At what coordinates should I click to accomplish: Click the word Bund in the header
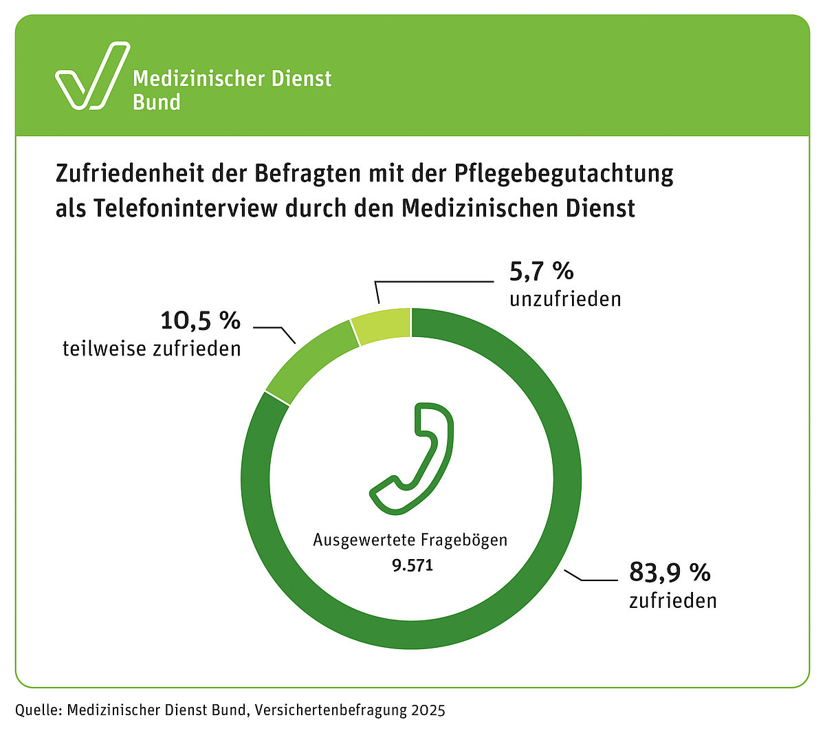click(157, 102)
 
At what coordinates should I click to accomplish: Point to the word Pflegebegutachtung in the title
click(563, 173)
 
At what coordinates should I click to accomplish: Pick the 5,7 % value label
click(541, 272)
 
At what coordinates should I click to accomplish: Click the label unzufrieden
click(564, 299)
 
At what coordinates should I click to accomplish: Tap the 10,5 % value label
click(200, 320)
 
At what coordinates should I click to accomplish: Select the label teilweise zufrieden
click(152, 349)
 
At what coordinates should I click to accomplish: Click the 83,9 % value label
click(670, 572)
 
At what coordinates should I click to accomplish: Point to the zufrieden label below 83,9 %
click(672, 600)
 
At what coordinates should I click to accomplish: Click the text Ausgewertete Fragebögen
click(410, 540)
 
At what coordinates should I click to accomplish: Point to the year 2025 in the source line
click(428, 710)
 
